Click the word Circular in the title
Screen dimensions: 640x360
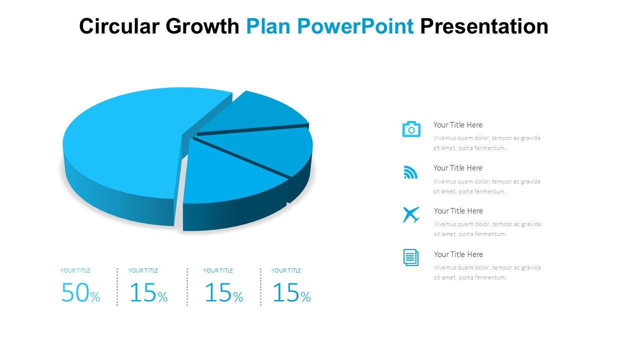119,26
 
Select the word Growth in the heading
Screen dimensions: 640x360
202,26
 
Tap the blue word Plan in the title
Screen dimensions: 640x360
268,26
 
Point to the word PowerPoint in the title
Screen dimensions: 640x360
355,26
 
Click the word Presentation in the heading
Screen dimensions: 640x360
484,26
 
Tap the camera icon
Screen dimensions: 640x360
411,129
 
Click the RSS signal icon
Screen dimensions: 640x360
410,172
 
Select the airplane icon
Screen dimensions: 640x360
411,214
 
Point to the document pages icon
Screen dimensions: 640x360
411,257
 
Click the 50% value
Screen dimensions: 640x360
80,292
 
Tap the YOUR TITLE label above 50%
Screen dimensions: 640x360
75,270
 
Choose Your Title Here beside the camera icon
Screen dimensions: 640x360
457,125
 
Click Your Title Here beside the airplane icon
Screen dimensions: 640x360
458,211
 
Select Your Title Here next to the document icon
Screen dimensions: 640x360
458,254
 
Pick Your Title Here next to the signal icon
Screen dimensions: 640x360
457,167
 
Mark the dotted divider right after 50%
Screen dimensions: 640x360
117,287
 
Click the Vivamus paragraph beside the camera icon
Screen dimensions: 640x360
487,143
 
